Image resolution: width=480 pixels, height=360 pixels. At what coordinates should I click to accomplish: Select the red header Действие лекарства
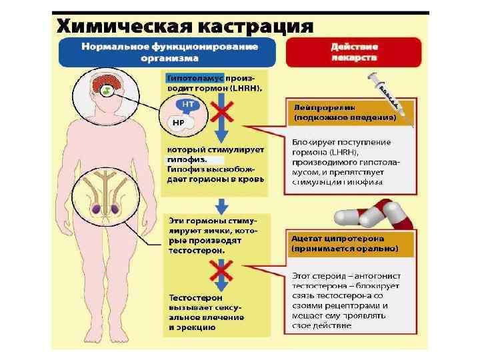354,52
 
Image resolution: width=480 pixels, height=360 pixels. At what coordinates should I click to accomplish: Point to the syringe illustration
389,93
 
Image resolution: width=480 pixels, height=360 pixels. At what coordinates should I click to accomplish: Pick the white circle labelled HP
178,123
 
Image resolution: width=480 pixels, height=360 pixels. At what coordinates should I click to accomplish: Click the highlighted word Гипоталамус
194,78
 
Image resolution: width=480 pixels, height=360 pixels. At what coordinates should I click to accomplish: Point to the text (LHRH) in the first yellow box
247,88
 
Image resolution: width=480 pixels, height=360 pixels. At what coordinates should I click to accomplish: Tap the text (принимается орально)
345,248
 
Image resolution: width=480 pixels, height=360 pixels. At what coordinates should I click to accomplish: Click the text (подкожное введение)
344,117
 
